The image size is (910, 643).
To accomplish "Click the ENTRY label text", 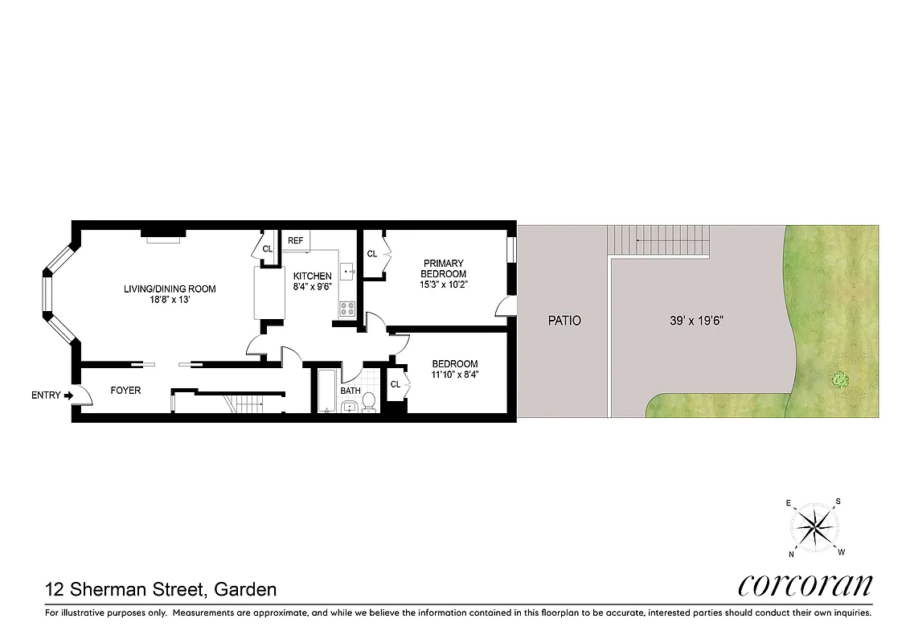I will click(x=45, y=395).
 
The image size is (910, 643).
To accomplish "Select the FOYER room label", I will click(x=125, y=391).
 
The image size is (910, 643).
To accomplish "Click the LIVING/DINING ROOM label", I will click(x=170, y=289).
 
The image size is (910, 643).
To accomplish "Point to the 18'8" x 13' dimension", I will click(x=170, y=301).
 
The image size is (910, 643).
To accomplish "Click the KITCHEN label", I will click(x=312, y=276).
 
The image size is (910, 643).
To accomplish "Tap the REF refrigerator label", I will click(x=296, y=240).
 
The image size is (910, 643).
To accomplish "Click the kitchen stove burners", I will click(x=347, y=307).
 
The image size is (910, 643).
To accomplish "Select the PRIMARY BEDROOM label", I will click(x=444, y=268).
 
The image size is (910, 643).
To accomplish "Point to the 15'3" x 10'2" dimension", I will click(x=444, y=285).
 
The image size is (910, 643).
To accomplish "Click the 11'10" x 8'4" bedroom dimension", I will click(x=454, y=375).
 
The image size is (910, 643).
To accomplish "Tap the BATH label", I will click(x=350, y=391).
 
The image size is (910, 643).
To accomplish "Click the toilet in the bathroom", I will click(x=369, y=400).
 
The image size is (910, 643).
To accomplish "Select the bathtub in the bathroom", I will click(x=326, y=391).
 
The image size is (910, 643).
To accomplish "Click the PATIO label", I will click(x=564, y=320).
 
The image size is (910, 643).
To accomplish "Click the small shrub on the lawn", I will click(x=841, y=379).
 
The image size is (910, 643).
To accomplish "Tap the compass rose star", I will click(x=815, y=528).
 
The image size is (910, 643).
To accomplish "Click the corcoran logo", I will click(x=805, y=585).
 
